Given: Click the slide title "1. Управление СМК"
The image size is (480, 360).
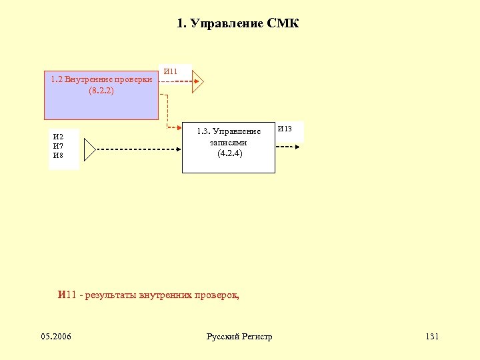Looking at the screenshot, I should click(238, 24).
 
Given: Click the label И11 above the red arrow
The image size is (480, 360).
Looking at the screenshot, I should click(171, 71).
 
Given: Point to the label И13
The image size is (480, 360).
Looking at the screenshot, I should click(285, 128).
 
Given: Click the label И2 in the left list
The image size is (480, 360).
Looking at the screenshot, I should click(58, 137).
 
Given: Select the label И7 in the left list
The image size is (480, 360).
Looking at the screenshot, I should click(58, 146).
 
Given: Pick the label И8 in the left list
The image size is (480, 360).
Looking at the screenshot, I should click(58, 155).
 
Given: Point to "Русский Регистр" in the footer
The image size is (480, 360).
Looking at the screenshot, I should click(239, 337).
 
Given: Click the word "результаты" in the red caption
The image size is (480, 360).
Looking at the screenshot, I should click(110, 295).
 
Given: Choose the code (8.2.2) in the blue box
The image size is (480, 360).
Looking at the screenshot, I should click(101, 90).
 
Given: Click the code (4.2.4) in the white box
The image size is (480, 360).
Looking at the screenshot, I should click(229, 153).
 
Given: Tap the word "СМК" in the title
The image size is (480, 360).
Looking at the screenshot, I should click(283, 24).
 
